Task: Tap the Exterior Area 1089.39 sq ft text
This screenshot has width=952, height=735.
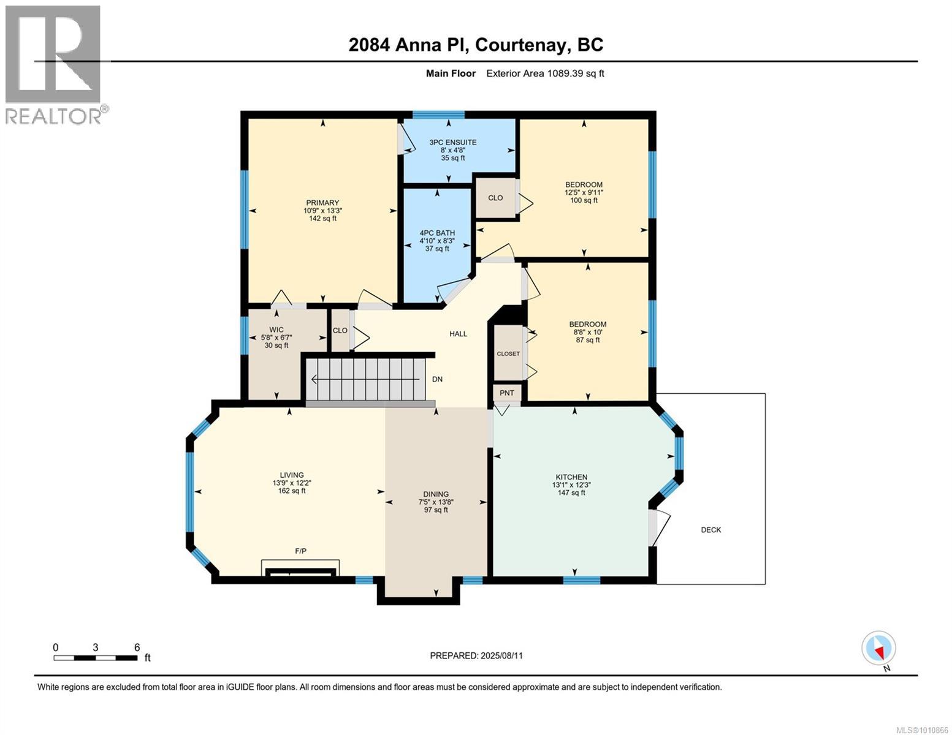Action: point(545,73)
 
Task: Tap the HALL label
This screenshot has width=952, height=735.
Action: point(458,334)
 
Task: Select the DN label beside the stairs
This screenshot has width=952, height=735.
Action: point(437,379)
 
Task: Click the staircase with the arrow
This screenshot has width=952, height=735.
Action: point(367,380)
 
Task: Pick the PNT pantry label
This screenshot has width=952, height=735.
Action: point(506,393)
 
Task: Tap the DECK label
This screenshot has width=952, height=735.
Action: point(711,530)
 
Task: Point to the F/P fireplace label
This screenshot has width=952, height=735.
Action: point(300,551)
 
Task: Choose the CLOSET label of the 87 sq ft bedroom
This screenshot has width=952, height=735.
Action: point(508,353)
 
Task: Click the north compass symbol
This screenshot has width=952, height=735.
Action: point(879,649)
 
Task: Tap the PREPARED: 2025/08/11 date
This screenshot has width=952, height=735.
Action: point(476,655)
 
